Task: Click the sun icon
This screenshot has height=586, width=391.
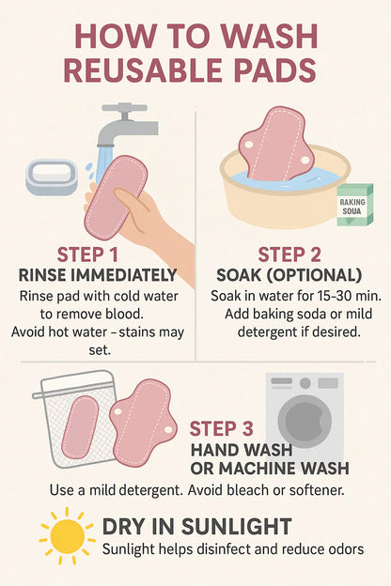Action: tap(68, 536)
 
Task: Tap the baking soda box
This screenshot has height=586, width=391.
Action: tap(354, 205)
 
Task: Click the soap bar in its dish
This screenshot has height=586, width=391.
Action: tap(52, 177)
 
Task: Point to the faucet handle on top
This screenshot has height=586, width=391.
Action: tap(125, 108)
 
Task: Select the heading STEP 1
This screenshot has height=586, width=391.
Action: tap(87, 254)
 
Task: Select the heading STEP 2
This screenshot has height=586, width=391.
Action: tap(289, 254)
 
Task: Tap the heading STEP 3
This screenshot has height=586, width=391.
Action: tap(221, 429)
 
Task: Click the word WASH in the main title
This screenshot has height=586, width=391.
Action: tap(269, 37)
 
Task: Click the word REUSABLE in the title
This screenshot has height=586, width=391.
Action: tap(143, 70)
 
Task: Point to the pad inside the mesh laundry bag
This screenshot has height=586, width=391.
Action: tap(80, 426)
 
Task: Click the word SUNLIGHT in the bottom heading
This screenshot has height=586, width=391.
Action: tap(236, 527)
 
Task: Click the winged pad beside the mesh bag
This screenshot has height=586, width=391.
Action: tap(143, 423)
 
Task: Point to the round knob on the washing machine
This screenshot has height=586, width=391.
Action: tap(305, 383)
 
